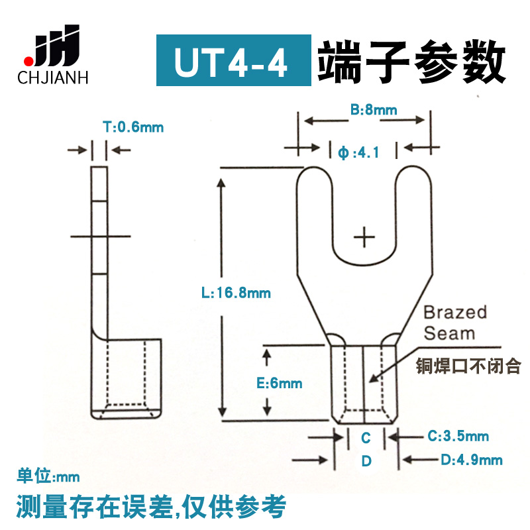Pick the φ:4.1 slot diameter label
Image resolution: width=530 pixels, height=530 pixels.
point(358,152)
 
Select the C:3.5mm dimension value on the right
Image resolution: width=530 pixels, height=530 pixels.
point(458,435)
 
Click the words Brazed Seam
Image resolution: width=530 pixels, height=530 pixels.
point(455,322)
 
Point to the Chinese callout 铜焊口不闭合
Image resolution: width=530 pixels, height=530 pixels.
point(469,366)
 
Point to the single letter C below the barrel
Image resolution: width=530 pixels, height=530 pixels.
point(365,437)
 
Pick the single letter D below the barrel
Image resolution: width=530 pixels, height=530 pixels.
point(365,460)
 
